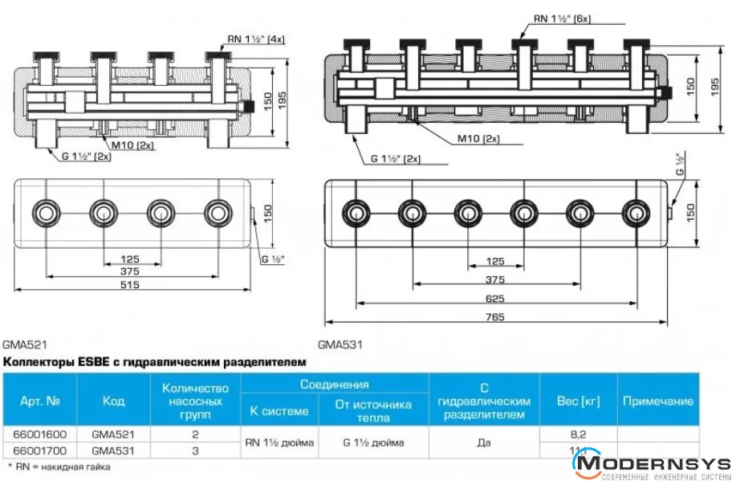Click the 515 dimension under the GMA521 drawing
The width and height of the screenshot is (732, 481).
click(x=129, y=285)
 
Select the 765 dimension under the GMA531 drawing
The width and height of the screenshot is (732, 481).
click(x=494, y=317)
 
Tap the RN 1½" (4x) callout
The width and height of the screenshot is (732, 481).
click(x=255, y=39)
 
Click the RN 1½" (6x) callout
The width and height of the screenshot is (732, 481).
click(x=562, y=18)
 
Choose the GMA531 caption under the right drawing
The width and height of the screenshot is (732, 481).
click(x=340, y=345)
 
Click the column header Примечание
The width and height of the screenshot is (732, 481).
click(x=657, y=400)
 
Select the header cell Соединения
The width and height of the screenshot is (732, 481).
click(x=334, y=385)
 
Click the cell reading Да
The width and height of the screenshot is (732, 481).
click(x=483, y=442)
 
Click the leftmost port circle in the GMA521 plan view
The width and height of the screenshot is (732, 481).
click(x=45, y=213)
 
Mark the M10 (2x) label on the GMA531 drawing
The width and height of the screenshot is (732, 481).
click(x=478, y=138)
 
